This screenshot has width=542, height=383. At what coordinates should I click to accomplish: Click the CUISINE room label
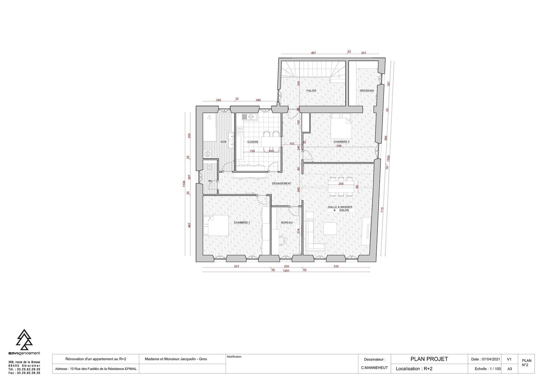pos(253,142)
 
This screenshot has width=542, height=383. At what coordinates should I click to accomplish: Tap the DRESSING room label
pos(367,90)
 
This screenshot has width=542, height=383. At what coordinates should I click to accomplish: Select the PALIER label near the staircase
pos(311,90)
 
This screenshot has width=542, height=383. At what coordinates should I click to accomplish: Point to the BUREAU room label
pos(287,222)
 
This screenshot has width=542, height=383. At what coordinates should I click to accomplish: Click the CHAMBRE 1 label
pos(242,222)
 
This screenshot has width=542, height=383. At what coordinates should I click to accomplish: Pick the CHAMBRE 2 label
pos(341,142)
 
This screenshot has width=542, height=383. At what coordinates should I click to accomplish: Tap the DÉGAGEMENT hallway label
pos(282,184)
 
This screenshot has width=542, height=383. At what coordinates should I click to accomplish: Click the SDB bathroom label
pos(223,142)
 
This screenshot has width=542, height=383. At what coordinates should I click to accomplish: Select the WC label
pos(210,181)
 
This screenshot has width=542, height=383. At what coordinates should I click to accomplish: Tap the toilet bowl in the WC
pos(209,167)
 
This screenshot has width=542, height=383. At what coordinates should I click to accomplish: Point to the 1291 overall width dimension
pos(286,271)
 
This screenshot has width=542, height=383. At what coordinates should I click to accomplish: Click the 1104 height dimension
pos(184,184)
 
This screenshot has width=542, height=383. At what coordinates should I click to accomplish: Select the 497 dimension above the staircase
pos(313,53)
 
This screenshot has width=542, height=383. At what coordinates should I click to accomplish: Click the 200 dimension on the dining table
pos(341,184)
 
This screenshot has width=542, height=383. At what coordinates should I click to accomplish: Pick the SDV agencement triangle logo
pos(24,339)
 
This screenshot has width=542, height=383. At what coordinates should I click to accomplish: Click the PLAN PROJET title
pos(429,359)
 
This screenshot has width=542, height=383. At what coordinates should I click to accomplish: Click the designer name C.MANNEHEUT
pos(374,368)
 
